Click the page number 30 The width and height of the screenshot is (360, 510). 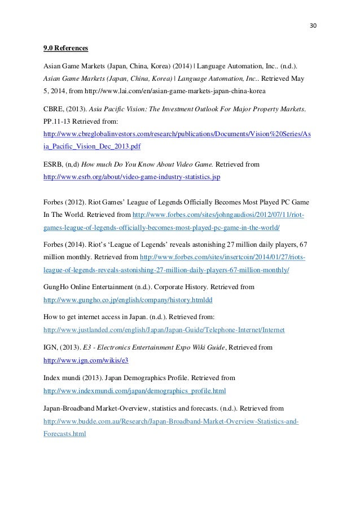click(x=314, y=25)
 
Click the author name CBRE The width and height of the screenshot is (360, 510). click(x=55, y=109)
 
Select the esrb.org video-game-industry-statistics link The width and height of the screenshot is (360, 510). click(x=132, y=177)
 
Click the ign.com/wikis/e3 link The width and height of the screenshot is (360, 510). click(x=90, y=360)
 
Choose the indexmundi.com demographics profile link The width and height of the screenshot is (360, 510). click(x=135, y=391)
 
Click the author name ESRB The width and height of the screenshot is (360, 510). click(x=55, y=164)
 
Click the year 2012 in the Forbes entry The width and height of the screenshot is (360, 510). click(x=80, y=202)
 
